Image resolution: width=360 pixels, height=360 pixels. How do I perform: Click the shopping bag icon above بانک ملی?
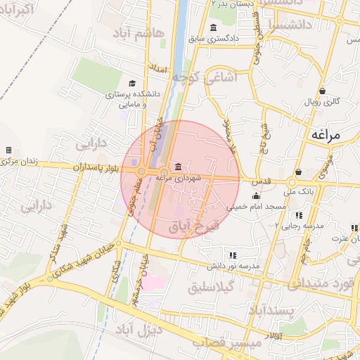(x=299, y=172)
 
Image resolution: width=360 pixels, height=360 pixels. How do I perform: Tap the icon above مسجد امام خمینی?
(x=256, y=196)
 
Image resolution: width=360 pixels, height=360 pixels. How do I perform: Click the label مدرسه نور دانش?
(x=233, y=266)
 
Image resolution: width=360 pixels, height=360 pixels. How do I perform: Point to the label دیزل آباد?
(x=158, y=328)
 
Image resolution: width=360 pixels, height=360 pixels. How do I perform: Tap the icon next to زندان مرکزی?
(x=8, y=150)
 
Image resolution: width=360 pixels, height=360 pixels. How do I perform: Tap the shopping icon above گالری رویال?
(x=322, y=91)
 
